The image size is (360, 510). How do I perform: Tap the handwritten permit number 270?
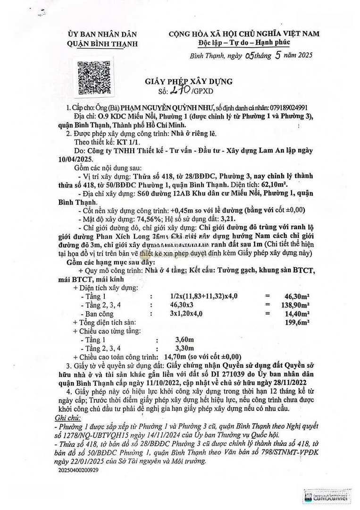pyautogui.click(x=182, y=89)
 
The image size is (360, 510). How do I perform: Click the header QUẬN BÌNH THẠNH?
pyautogui.click(x=103, y=43)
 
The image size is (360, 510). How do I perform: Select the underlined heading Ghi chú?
pyautogui.click(x=68, y=417)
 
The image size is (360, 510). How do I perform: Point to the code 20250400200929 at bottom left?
pyautogui.click(x=79, y=470)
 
